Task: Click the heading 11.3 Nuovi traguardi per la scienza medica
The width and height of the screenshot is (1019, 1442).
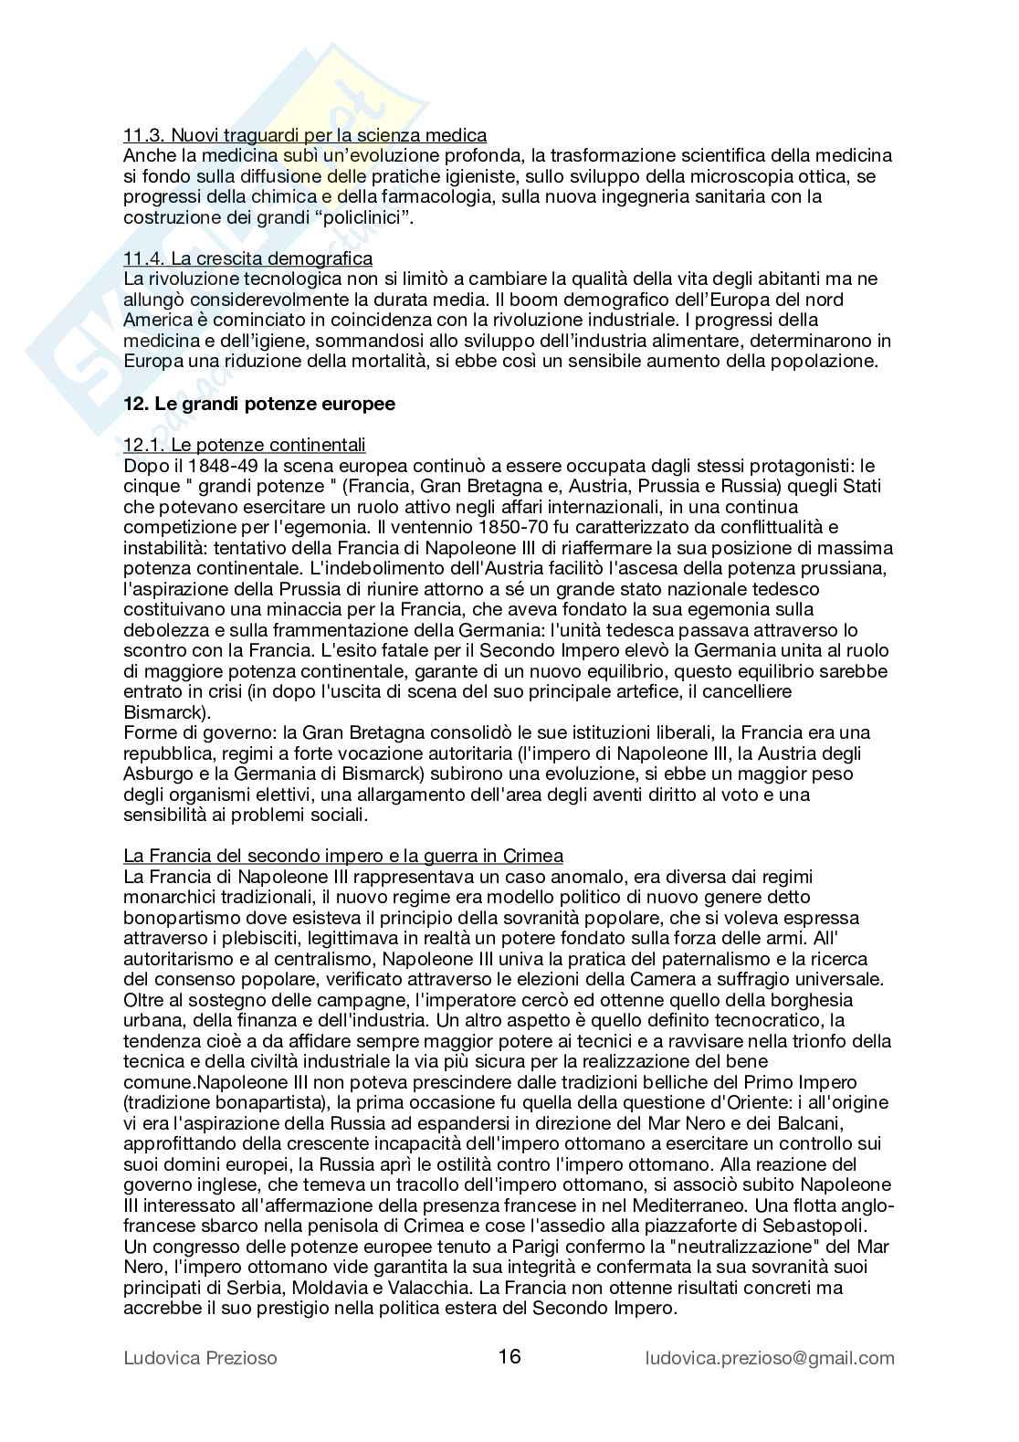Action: [305, 135]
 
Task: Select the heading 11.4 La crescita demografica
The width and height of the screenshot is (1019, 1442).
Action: [247, 258]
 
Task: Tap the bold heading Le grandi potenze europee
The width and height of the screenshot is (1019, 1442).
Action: [259, 404]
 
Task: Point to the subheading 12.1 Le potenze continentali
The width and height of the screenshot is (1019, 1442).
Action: [245, 445]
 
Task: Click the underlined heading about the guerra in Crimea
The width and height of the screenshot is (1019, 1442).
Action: [343, 856]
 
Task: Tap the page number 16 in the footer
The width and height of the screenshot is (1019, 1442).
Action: [509, 1356]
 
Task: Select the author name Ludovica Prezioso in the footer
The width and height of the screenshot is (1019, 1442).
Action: [200, 1358]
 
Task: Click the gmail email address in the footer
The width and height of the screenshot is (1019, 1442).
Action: [770, 1358]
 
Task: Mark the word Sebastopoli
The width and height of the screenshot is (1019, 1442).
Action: [836, 1226]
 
